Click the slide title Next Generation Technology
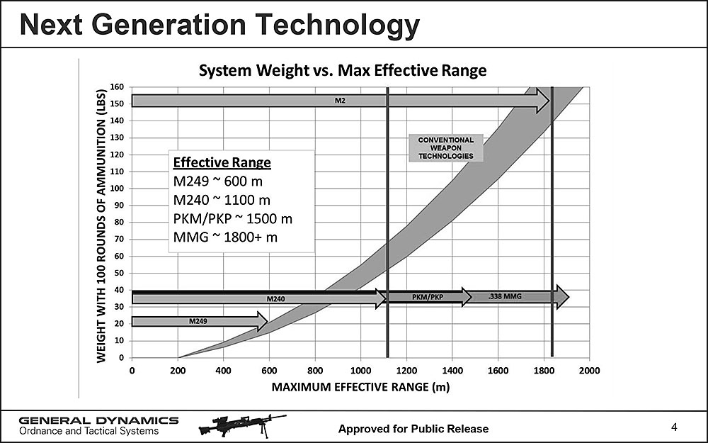[x=219, y=26]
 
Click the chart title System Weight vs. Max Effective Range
[x=342, y=71]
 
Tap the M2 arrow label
[x=340, y=101]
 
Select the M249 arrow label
[x=198, y=322]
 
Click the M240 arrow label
[x=275, y=299]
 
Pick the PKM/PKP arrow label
[x=427, y=297]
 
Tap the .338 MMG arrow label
[x=505, y=296]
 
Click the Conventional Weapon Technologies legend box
[x=446, y=148]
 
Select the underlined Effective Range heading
[x=222, y=162]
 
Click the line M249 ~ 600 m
[x=217, y=181]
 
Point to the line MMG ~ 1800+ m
[x=226, y=237]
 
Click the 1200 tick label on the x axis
[x=406, y=370]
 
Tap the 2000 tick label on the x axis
[x=589, y=370]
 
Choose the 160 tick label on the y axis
[x=116, y=87]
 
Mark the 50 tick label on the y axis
[x=119, y=273]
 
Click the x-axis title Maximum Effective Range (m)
[x=361, y=387]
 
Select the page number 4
[x=674, y=427]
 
